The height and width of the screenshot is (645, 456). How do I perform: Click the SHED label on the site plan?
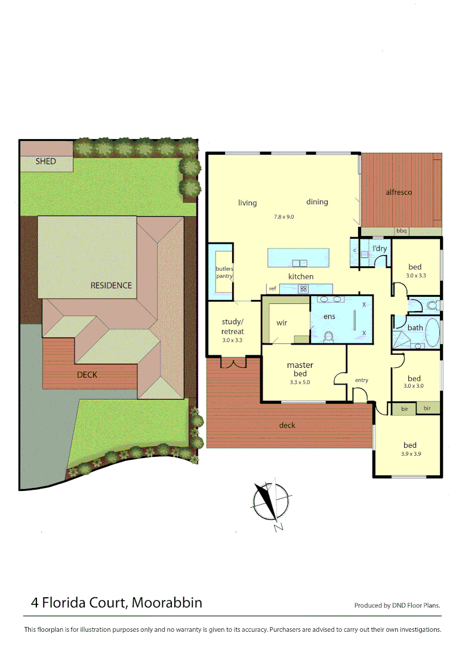point(46,161)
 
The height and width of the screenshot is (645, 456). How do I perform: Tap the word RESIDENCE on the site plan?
point(111,285)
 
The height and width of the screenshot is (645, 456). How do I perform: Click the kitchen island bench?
point(298,258)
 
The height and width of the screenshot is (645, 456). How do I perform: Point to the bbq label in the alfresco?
point(401,231)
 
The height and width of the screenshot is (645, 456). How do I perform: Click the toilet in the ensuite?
point(328,336)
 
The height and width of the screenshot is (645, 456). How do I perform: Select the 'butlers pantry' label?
point(224,272)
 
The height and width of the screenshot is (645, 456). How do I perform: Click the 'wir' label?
point(282,322)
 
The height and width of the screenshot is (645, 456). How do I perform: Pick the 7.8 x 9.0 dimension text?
point(284,217)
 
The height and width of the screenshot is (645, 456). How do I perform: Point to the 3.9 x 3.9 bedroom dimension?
point(409,454)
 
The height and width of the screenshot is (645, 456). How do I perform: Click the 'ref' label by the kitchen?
point(273,288)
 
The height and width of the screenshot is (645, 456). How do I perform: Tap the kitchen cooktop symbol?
point(303,289)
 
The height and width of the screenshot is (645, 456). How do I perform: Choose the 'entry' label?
point(362,380)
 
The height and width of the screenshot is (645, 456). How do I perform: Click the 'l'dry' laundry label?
point(380,248)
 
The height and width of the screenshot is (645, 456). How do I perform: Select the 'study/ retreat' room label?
point(233,327)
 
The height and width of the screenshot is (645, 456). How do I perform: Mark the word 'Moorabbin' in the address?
point(167,603)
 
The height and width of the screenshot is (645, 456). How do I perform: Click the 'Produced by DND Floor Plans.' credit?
point(397,605)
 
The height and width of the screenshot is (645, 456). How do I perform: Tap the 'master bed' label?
point(300,369)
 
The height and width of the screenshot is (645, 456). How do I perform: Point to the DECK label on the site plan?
point(87,375)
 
